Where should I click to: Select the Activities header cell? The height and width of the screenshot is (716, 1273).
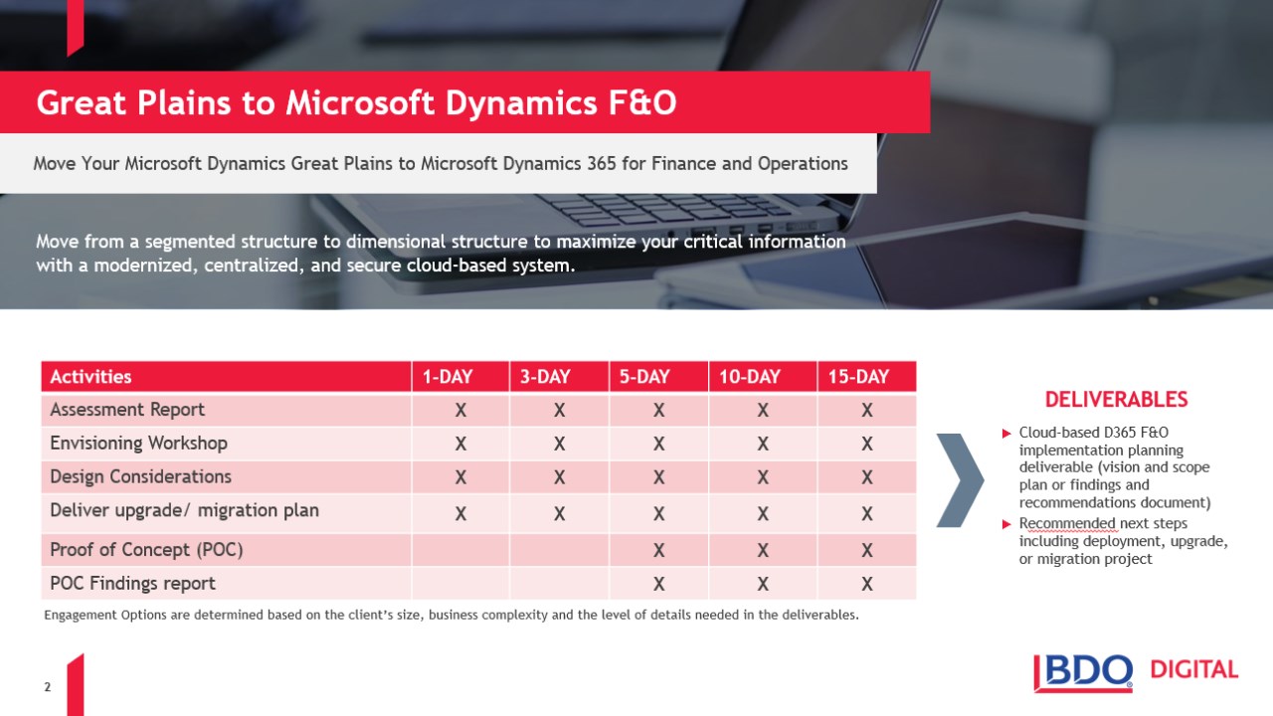(226, 376)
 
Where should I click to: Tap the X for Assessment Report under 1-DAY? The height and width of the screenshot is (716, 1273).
(460, 410)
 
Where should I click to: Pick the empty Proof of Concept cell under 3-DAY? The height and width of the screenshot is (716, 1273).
(559, 550)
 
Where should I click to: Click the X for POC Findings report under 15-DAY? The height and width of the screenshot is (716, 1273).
(866, 584)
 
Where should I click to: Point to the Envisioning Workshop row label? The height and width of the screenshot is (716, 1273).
(138, 444)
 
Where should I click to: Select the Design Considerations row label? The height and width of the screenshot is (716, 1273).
(140, 476)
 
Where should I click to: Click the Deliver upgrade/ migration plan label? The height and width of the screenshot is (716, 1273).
(184, 510)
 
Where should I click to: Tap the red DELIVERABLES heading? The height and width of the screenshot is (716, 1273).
(1116, 400)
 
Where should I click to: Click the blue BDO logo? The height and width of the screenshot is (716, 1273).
(1083, 673)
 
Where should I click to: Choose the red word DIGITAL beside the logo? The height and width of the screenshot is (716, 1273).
(1194, 669)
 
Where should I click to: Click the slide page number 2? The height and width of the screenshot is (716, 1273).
(47, 687)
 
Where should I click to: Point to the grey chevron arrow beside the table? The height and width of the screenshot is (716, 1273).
(961, 480)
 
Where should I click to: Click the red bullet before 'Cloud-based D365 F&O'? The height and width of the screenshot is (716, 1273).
(1006, 434)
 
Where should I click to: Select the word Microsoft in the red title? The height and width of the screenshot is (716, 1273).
(359, 102)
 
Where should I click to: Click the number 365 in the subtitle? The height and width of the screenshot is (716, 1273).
(602, 164)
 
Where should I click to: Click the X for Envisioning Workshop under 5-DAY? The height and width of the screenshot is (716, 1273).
(658, 444)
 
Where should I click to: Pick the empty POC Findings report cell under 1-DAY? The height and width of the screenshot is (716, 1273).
(460, 583)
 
